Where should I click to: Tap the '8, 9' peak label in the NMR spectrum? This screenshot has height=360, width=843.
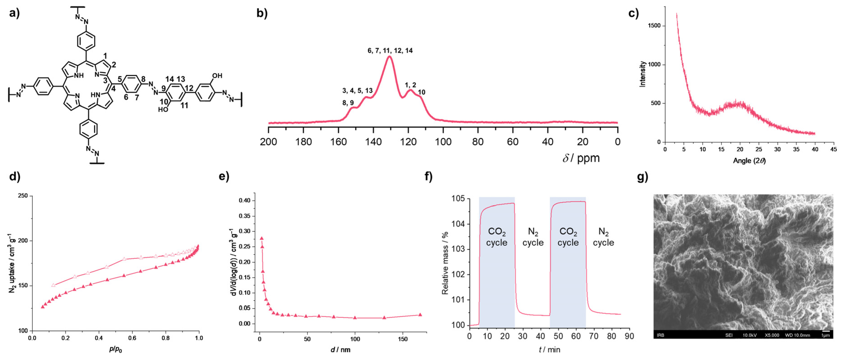[x=348, y=103]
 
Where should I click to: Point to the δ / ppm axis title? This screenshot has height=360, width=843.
[x=581, y=158]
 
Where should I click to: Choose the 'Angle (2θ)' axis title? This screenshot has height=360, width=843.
[x=749, y=160]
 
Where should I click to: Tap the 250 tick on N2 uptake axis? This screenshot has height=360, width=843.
[x=23, y=196]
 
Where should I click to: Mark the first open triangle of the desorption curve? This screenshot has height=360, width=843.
[x=53, y=285]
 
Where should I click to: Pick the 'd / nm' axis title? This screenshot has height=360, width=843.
[x=340, y=350]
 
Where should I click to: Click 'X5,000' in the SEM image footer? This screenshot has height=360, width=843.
[x=772, y=335]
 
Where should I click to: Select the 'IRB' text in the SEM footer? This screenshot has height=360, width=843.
[x=660, y=335]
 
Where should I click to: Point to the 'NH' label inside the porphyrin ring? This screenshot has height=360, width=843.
[x=79, y=76]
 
